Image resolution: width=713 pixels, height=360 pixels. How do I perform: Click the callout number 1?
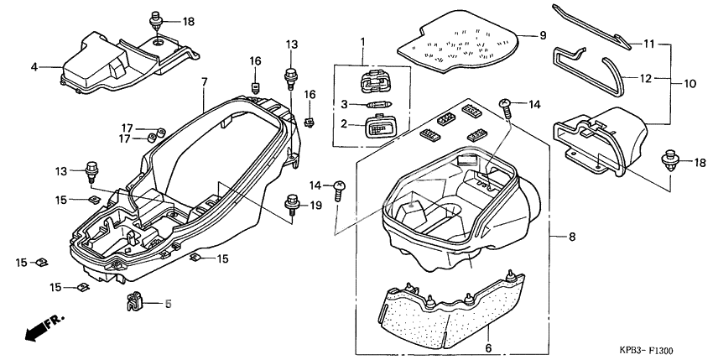click(x=363, y=41)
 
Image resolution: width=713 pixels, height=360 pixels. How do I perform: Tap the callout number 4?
click(x=34, y=67)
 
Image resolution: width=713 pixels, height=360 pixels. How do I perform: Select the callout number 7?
click(x=204, y=81)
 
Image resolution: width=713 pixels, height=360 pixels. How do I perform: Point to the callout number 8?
click(x=572, y=237)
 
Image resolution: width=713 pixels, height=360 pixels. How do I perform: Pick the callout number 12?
click(x=645, y=78)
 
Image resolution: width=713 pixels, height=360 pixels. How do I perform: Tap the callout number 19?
click(x=316, y=205)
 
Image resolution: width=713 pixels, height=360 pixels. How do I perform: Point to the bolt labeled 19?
click(x=294, y=205)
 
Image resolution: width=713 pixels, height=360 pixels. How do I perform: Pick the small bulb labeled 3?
click(x=376, y=105)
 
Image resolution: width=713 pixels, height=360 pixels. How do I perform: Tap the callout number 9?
click(x=542, y=35)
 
